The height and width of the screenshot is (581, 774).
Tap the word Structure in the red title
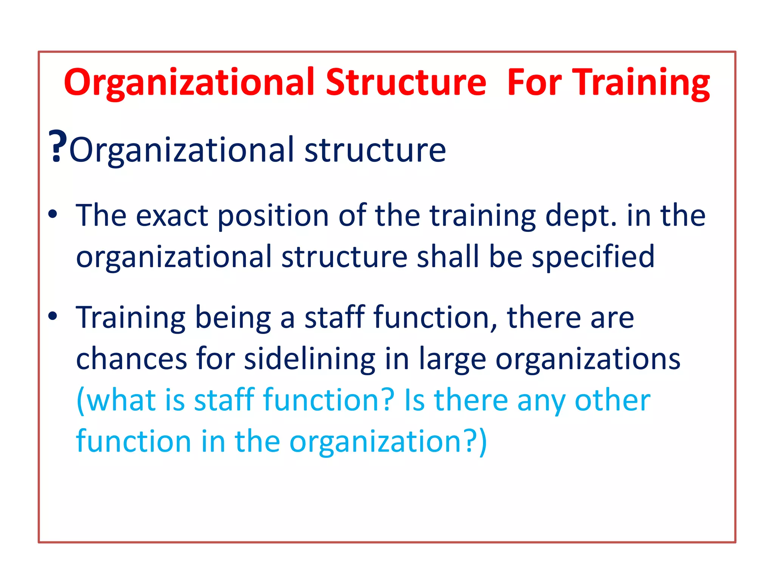click(x=406, y=82)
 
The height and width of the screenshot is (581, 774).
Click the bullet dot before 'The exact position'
click(x=53, y=214)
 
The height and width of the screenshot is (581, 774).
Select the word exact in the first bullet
click(x=172, y=216)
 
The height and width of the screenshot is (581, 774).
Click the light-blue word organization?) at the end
click(x=388, y=442)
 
